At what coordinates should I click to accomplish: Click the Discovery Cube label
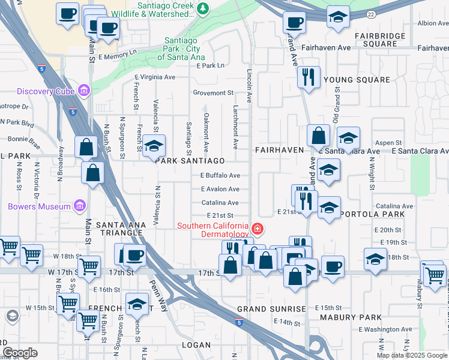click(45, 91)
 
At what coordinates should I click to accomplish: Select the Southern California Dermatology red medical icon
click(258, 228)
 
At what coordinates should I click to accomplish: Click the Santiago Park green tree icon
click(203, 8)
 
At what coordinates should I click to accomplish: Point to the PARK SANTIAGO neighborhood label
click(190, 161)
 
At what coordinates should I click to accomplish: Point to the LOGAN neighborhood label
click(196, 344)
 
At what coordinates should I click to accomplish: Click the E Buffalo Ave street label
click(220, 176)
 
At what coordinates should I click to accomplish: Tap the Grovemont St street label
click(213, 93)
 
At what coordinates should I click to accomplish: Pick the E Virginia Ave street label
click(155, 77)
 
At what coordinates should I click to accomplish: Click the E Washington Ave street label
click(387, 329)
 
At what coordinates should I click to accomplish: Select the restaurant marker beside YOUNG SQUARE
click(308, 77)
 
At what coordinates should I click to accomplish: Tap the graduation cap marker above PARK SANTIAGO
click(154, 145)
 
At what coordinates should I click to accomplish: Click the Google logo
click(20, 353)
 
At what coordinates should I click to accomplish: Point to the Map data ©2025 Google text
click(411, 355)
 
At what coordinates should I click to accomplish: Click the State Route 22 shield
click(372, 13)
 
